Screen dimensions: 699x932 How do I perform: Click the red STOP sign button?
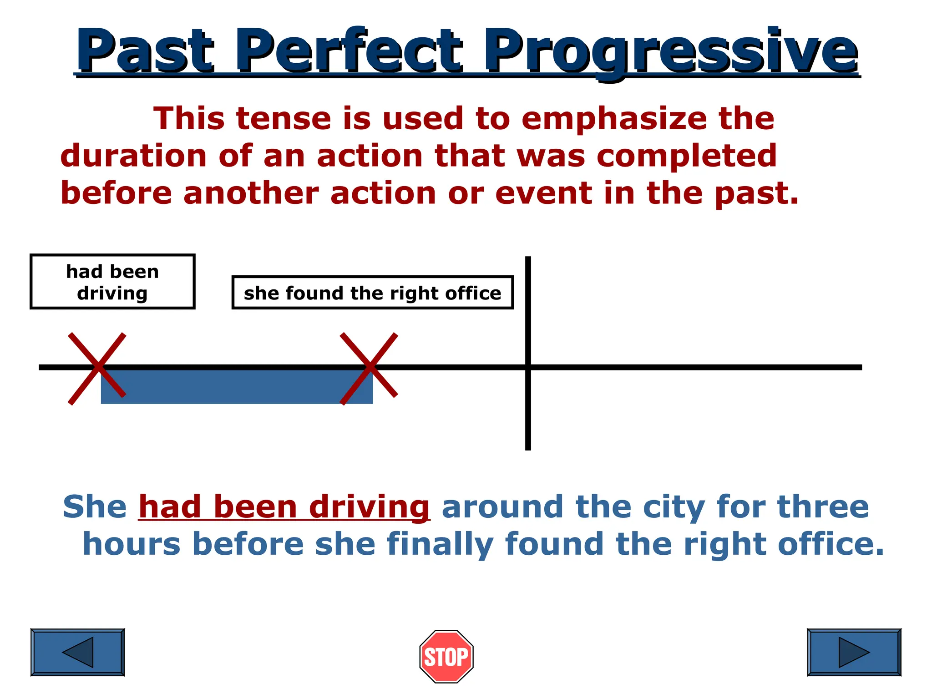[x=446, y=656]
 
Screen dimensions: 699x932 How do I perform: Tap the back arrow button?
[x=77, y=652]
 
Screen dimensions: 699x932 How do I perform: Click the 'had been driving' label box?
[x=112, y=282]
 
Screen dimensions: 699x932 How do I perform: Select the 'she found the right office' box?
[x=372, y=293]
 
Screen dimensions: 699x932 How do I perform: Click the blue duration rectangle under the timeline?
[x=237, y=387]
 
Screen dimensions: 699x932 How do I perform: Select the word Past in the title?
[x=145, y=51]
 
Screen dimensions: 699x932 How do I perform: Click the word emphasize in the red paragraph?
[x=614, y=119]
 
